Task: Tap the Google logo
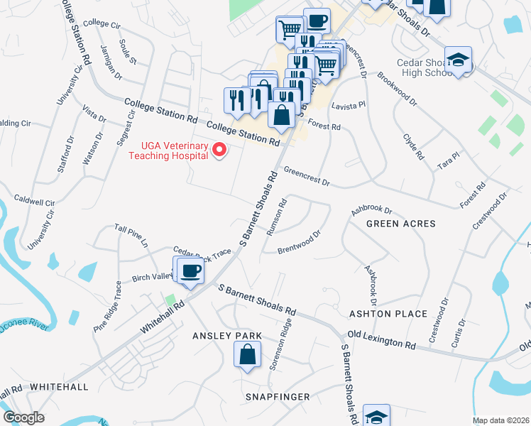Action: (23, 417)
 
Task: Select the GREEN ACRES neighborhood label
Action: (400, 224)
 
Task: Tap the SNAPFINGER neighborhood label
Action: (278, 395)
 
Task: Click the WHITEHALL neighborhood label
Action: (59, 387)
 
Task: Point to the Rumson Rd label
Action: (277, 217)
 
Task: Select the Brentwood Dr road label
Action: (300, 241)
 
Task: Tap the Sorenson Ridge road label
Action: (280, 346)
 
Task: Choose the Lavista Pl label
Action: (348, 104)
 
